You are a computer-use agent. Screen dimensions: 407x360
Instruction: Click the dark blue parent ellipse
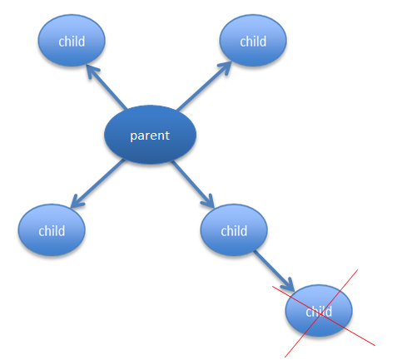[150, 135]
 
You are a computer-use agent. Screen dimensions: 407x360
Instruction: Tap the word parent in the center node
[150, 136]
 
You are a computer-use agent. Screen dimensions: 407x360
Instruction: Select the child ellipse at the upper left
[72, 41]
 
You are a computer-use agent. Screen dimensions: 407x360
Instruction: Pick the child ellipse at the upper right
[253, 41]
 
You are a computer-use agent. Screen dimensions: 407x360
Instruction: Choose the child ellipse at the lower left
[52, 230]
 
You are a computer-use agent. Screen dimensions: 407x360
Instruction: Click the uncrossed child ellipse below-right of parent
[234, 230]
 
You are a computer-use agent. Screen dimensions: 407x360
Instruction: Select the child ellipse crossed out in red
[319, 311]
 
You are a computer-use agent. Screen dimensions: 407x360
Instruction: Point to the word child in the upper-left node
[72, 42]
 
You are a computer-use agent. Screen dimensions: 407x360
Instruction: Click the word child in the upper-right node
[253, 42]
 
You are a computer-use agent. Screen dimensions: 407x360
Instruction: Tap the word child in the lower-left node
[52, 231]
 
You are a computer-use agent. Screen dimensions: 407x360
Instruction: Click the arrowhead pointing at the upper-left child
[92, 71]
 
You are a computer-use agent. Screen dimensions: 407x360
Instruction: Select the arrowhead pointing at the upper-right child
[226, 67]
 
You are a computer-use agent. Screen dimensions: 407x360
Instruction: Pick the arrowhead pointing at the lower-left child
[77, 201]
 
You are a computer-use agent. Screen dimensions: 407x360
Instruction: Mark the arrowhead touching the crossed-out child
[288, 284]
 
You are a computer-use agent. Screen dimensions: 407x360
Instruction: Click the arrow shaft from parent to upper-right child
[202, 88]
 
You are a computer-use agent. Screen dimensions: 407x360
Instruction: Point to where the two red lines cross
[320, 314]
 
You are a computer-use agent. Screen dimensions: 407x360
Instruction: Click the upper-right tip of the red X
[357, 269]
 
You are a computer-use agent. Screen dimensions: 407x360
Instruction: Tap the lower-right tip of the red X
[375, 345]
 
